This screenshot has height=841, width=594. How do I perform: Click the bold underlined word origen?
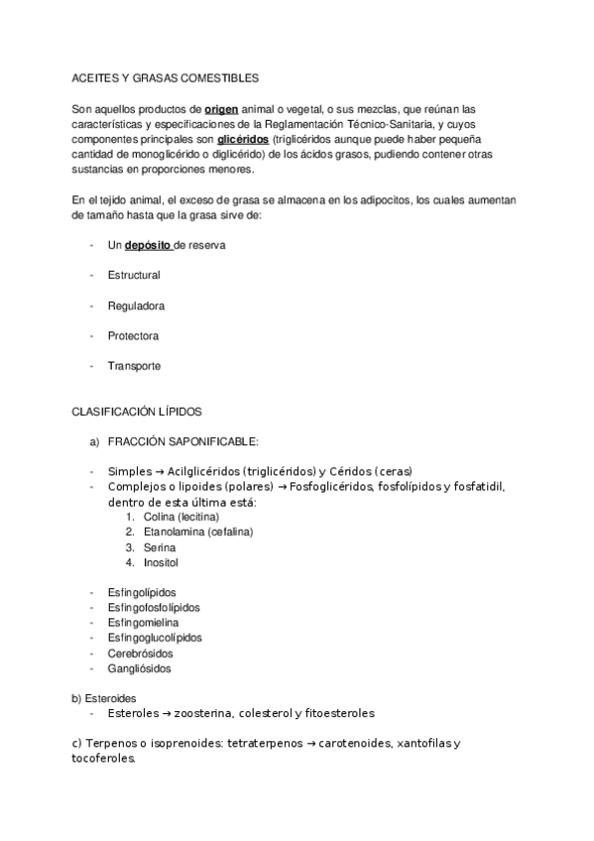click(223, 108)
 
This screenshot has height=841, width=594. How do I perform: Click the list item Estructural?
click(134, 275)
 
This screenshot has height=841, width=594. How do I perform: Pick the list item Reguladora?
click(136, 305)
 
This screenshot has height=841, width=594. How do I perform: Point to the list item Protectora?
click(133, 336)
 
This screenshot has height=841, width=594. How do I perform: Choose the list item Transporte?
click(134, 366)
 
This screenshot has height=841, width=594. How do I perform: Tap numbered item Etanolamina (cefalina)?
click(196, 533)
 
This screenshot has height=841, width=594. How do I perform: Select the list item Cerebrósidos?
click(140, 654)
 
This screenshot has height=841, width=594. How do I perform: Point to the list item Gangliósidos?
click(139, 668)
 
